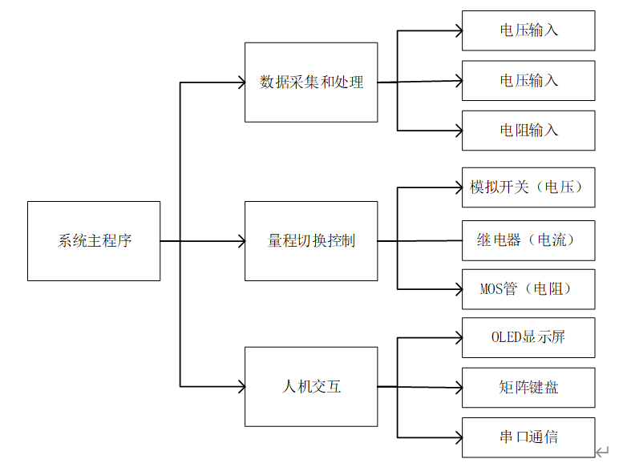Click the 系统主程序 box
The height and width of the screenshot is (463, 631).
coord(94,241)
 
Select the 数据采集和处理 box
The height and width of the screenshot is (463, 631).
coord(311,83)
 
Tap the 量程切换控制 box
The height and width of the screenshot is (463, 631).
coord(311,241)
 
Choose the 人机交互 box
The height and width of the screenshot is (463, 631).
coord(311,387)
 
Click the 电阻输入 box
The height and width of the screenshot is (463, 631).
coord(528,131)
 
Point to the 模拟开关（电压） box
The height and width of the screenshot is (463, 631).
coord(528,187)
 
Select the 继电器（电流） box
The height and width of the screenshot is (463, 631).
coord(528,240)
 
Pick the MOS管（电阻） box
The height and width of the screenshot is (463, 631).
coord(528,289)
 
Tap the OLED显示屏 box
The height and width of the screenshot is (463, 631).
coord(528,337)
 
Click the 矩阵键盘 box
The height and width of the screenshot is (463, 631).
coord(528,388)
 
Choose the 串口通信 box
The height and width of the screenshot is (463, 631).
coord(528,437)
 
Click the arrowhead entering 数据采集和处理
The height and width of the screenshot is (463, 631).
coord(240,83)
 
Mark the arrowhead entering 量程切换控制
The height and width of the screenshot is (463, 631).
coord(240,241)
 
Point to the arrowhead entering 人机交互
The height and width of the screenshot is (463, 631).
coord(240,387)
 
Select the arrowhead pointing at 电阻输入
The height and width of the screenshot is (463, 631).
coord(458,131)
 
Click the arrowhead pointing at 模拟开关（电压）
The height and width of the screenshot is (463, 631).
coord(458,187)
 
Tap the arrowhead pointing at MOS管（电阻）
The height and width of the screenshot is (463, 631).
coord(458,289)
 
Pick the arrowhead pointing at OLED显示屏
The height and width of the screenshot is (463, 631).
coord(458,337)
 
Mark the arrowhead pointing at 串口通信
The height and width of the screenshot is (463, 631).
coord(458,437)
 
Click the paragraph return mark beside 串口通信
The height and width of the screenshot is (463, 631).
coord(603,453)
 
